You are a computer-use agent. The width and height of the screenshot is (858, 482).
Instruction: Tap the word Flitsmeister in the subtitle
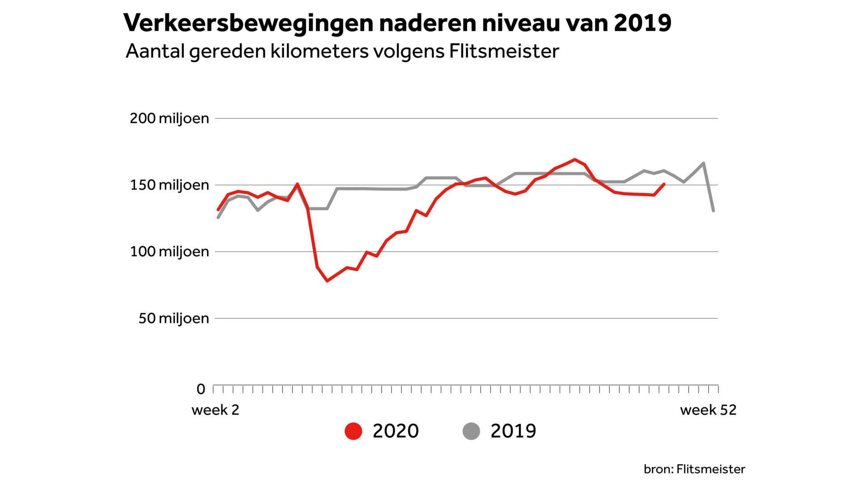(504, 51)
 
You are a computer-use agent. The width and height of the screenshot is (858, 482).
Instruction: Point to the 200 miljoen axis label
(169, 118)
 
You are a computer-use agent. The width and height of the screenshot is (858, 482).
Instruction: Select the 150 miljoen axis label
(169, 185)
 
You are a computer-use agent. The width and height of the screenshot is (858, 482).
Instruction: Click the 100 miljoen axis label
(169, 252)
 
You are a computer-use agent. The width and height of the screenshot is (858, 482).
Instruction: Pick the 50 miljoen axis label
(173, 318)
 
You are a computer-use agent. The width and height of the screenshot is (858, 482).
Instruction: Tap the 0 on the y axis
(201, 389)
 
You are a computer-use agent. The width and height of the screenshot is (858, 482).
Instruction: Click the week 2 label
(215, 410)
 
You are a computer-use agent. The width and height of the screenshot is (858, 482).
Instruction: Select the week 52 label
(708, 410)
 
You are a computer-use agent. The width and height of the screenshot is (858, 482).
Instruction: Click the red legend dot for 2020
(353, 431)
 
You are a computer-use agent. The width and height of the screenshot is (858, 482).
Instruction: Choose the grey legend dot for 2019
(471, 431)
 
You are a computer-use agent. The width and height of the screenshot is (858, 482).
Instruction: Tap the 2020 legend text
(395, 431)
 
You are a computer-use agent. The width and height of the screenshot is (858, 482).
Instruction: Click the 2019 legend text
(513, 431)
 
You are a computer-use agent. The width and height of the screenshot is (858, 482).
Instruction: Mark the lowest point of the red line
(327, 281)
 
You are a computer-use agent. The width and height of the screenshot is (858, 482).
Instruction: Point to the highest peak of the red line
(575, 159)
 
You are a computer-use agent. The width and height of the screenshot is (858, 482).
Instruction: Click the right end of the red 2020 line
(664, 184)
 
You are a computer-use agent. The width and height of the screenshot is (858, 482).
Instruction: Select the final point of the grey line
(713, 211)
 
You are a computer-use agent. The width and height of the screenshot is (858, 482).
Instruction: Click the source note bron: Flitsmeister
(694, 469)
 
